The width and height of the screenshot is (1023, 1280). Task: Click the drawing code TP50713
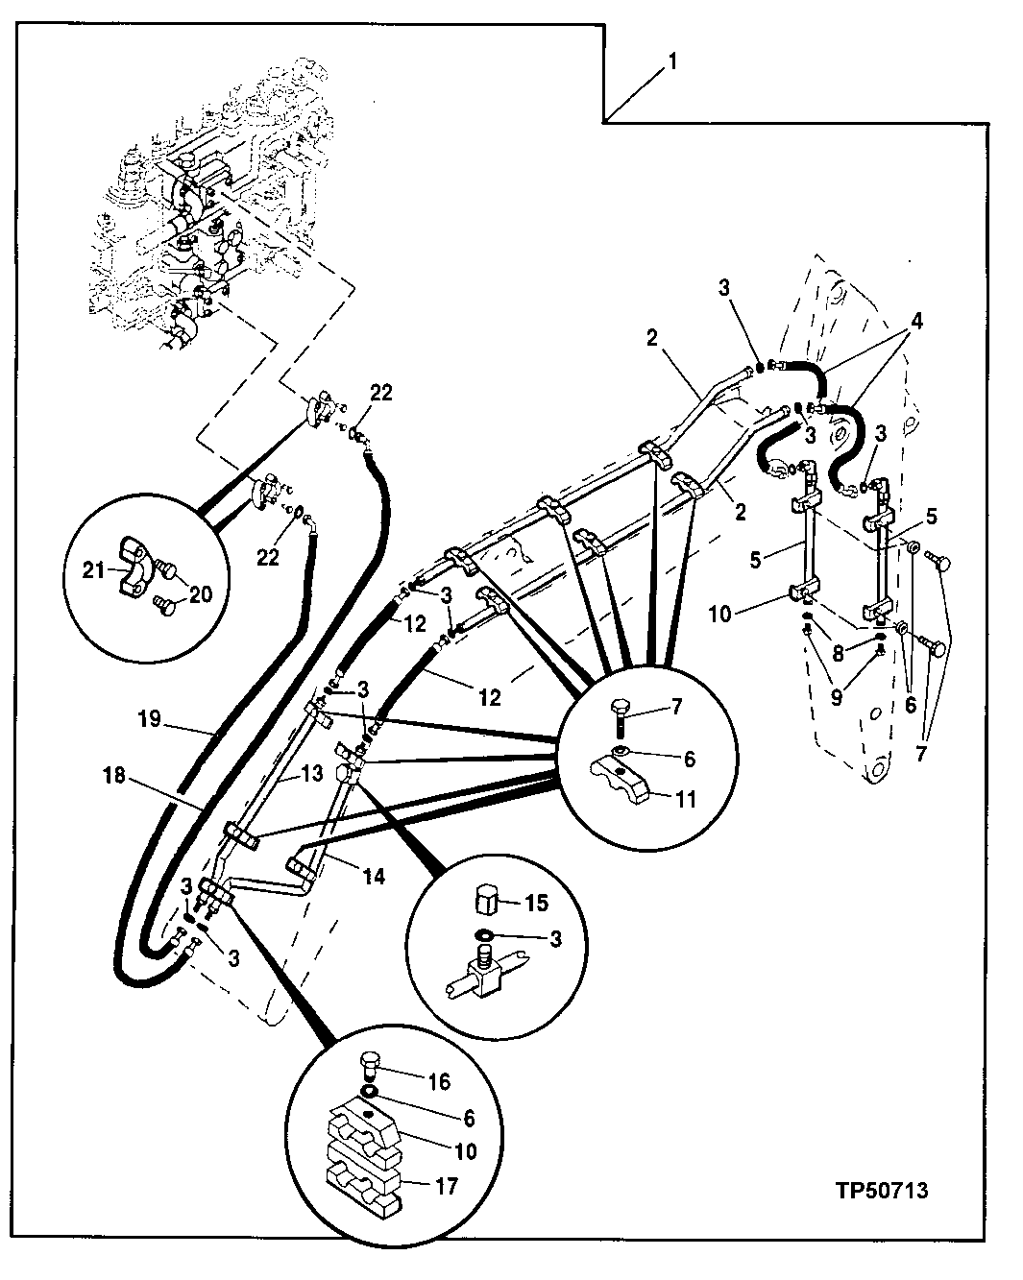coord(881,1192)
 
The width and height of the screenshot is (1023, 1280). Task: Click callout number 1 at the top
coord(673,62)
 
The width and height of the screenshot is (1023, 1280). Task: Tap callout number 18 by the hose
coord(114,775)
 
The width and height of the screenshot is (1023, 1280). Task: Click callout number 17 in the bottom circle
coord(445,1186)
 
